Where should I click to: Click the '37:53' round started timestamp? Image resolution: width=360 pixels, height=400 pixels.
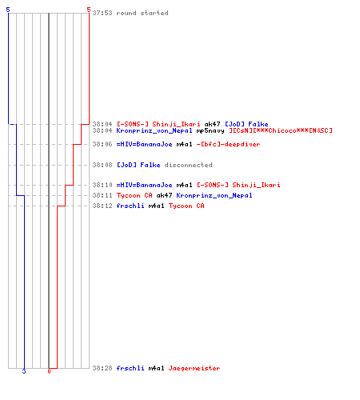click(x=102, y=13)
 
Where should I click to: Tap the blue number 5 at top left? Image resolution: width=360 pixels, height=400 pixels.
click(x=8, y=10)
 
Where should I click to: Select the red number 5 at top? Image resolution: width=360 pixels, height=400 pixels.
click(x=89, y=10)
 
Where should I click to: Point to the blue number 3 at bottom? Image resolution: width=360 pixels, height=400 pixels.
click(x=24, y=371)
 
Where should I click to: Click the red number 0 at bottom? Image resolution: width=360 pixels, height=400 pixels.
click(x=49, y=371)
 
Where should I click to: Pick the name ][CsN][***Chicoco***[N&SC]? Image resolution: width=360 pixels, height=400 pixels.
click(x=281, y=130)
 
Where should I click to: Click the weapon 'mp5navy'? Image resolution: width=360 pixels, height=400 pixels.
click(x=210, y=130)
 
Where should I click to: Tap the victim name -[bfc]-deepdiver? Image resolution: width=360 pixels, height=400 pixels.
click(x=228, y=144)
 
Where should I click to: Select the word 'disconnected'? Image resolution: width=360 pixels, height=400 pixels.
click(x=188, y=165)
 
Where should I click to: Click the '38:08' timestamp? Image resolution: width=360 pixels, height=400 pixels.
click(x=102, y=165)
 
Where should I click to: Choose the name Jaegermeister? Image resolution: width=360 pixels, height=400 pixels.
click(x=194, y=368)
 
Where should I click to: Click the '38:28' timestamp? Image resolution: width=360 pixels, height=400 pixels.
click(x=102, y=368)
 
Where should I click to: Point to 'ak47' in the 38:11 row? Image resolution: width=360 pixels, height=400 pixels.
click(x=164, y=195)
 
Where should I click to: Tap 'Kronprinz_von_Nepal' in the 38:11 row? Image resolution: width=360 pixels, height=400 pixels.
click(x=214, y=195)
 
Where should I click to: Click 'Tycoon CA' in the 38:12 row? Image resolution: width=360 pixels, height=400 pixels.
click(x=186, y=206)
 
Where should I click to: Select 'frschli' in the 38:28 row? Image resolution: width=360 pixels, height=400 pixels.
click(x=130, y=368)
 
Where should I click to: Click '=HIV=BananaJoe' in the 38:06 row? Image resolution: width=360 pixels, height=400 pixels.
click(x=144, y=144)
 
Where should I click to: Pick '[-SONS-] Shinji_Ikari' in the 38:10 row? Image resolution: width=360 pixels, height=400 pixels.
click(x=238, y=185)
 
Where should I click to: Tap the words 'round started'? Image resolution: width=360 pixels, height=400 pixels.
click(x=142, y=13)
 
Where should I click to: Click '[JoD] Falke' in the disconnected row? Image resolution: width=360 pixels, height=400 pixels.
click(x=138, y=165)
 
